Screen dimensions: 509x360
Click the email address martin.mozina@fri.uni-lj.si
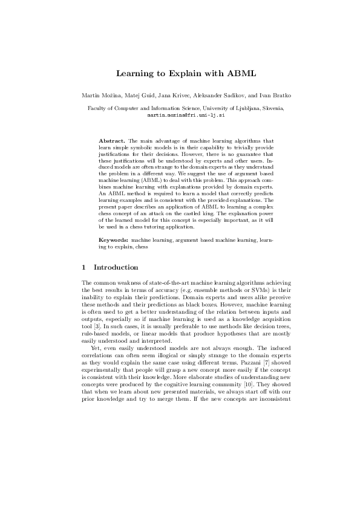(179, 114)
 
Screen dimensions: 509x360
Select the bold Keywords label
(113, 240)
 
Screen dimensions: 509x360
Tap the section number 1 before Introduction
(83, 267)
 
